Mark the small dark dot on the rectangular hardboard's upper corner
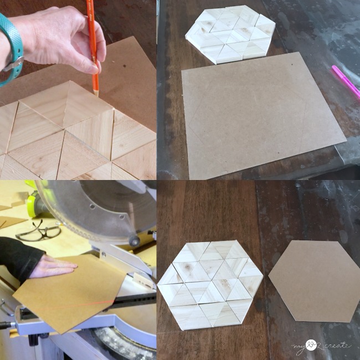(x=291, y=65)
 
